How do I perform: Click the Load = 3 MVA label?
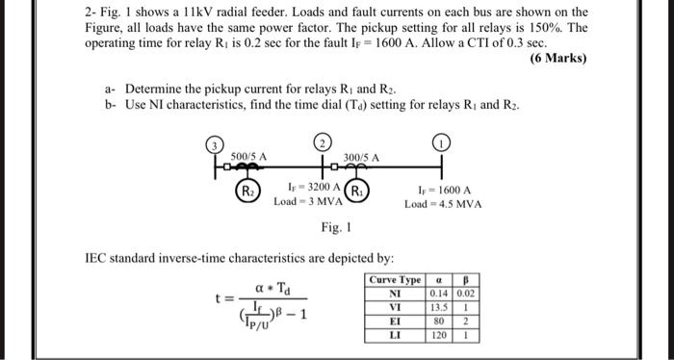click(x=302, y=201)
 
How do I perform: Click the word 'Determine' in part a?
click(x=154, y=89)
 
